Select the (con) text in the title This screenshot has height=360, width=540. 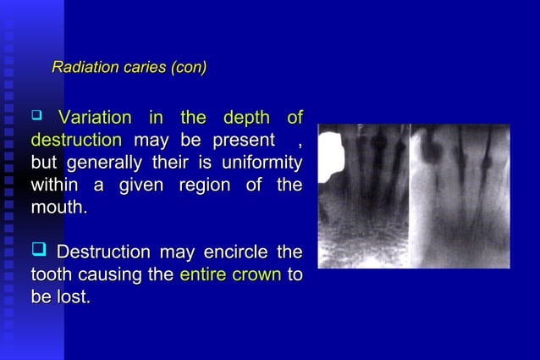[189, 67]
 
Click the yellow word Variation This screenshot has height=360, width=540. [95, 118]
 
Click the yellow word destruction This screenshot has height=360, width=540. [76, 140]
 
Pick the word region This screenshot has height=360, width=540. [203, 184]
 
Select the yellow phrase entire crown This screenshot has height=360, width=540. [230, 274]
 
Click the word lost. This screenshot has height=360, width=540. [74, 297]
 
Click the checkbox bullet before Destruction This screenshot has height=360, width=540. [38, 252]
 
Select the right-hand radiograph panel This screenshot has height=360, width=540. [460, 197]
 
